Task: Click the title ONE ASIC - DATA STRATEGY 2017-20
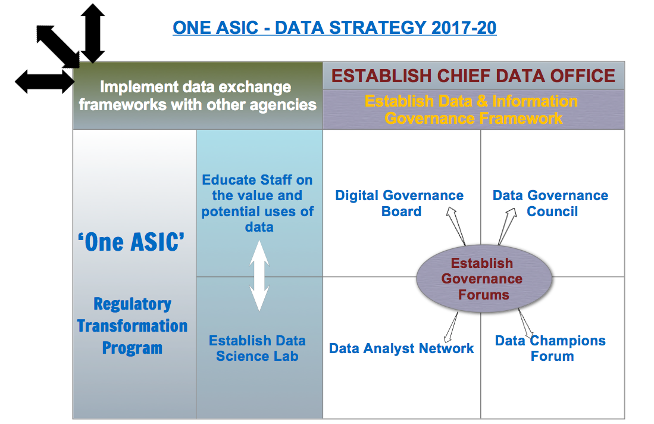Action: point(334,27)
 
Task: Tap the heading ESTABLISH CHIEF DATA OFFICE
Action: point(473,76)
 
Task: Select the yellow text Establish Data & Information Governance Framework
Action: point(473,110)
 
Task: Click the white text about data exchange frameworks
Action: point(197,96)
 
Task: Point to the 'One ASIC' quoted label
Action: point(132,242)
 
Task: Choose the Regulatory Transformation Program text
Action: point(132,326)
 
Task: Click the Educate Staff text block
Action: point(258,203)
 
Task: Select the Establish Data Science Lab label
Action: point(257,348)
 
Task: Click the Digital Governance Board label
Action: point(399,203)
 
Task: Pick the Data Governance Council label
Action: point(550,203)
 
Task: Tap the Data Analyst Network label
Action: point(401,348)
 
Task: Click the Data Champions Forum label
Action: point(550,348)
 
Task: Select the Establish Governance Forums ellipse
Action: point(483,279)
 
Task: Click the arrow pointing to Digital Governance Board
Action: point(456,226)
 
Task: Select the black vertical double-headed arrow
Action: point(92,33)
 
